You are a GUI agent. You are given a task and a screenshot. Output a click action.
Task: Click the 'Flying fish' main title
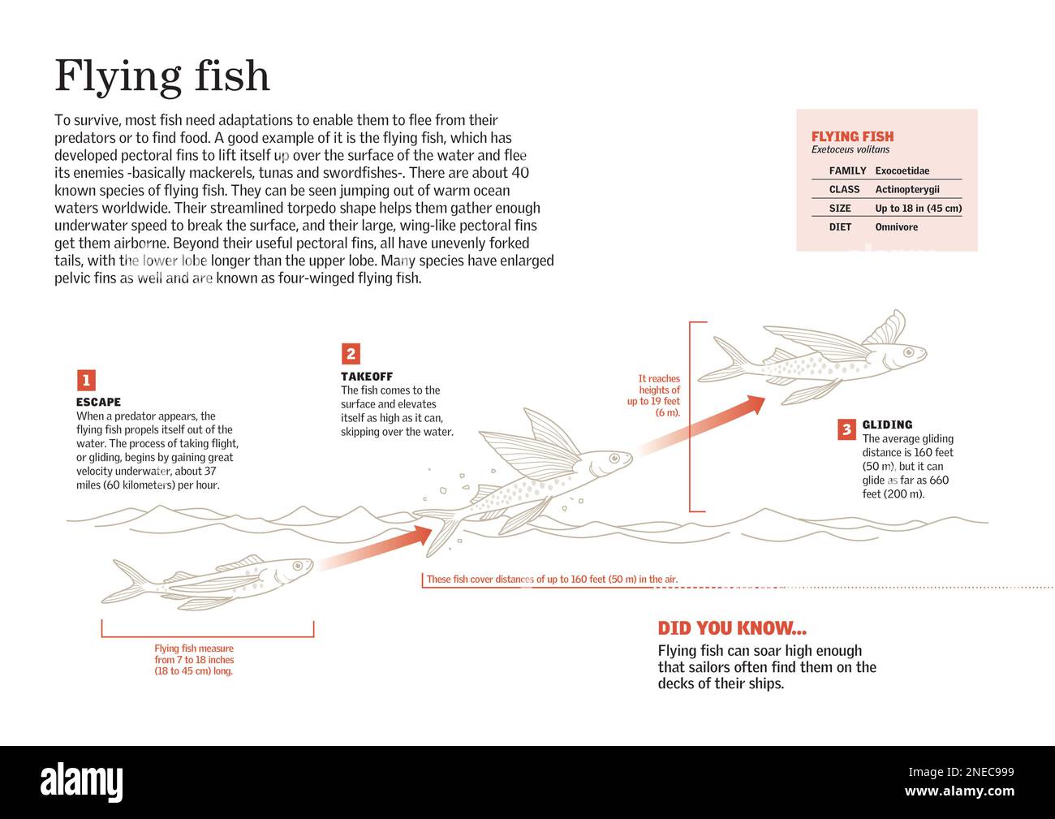pyautogui.click(x=161, y=76)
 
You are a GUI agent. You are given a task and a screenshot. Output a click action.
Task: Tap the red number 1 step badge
pyautogui.click(x=86, y=380)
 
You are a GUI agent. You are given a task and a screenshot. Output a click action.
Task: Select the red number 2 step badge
pyautogui.click(x=351, y=353)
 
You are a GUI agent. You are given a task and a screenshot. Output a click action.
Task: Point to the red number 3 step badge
pyautogui.click(x=846, y=429)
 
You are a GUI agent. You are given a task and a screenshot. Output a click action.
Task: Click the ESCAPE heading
pyautogui.click(x=98, y=402)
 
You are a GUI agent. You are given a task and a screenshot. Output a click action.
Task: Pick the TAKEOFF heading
pyautogui.click(x=366, y=377)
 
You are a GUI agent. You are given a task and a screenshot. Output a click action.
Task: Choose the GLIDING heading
pyautogui.click(x=887, y=425)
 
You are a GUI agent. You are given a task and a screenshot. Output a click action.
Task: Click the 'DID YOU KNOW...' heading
pyautogui.click(x=732, y=628)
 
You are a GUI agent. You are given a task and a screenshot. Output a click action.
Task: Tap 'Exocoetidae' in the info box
pyautogui.click(x=902, y=170)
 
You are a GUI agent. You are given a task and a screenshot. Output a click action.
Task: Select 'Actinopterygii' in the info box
pyautogui.click(x=906, y=189)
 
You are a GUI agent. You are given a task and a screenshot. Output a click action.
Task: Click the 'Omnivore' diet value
pyautogui.click(x=896, y=227)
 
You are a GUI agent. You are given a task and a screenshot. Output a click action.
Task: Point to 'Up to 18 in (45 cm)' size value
pyautogui.click(x=918, y=209)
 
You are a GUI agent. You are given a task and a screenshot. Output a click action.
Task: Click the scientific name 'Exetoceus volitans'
pyautogui.click(x=850, y=150)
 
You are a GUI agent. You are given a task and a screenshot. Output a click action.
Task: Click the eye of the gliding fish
pyautogui.click(x=909, y=352)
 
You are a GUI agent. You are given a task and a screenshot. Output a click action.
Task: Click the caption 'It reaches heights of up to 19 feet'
pyautogui.click(x=656, y=395)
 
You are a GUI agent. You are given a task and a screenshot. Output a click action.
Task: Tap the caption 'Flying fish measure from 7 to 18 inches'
pyautogui.click(x=194, y=660)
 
